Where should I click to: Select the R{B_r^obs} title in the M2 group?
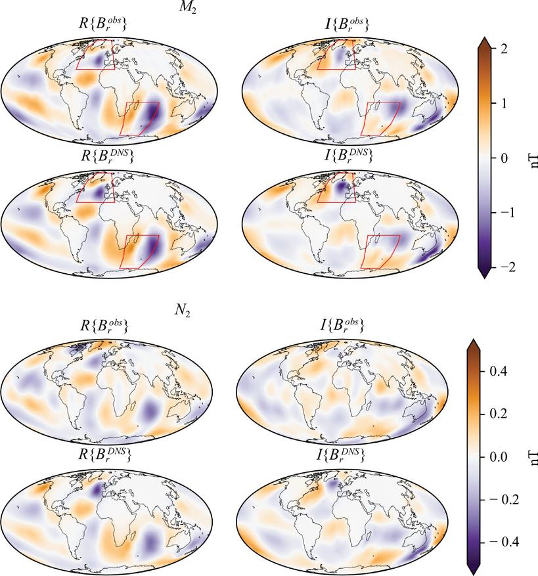coord(102,24)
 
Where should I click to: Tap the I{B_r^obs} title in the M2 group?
coord(342,24)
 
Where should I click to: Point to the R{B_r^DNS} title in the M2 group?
coord(102,156)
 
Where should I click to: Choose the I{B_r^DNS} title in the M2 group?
coord(342,156)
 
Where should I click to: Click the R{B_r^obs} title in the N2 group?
coord(102,324)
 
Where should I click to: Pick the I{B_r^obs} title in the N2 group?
coord(342,324)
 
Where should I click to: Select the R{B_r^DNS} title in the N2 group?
coord(102,454)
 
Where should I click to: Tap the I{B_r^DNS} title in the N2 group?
coord(342,454)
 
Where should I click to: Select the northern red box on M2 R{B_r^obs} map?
coord(95,54)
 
